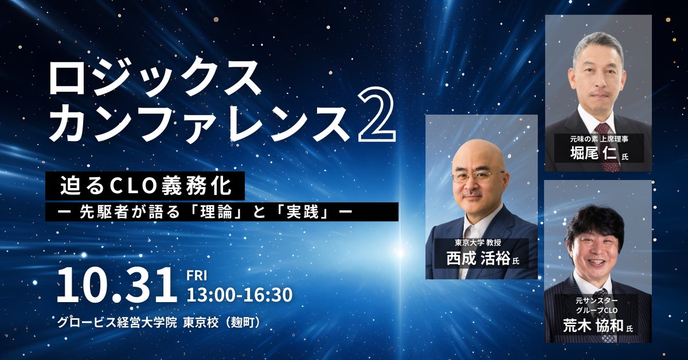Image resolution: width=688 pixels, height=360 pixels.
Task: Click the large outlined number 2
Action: pos(377,114)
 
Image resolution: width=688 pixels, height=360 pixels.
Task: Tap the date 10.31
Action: pos(117,285)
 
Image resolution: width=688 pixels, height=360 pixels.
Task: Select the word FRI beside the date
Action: pos(197,276)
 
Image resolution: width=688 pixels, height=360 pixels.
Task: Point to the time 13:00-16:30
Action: pos(240,295)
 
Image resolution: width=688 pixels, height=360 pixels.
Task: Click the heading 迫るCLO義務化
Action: pos(145,186)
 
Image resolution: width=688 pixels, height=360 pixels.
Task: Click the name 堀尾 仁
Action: pos(593,153)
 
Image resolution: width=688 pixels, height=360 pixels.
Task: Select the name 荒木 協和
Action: pos(593,326)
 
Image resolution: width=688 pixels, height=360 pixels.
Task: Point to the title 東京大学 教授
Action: pos(478,242)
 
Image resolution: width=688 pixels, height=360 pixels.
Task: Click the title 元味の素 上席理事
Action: pos(599,139)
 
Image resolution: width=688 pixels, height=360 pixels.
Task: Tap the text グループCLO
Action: pos(597,310)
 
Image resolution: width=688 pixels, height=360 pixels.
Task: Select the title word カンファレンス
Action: pos(200,123)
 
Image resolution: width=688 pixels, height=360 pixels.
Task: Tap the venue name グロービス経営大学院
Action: pos(117,323)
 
